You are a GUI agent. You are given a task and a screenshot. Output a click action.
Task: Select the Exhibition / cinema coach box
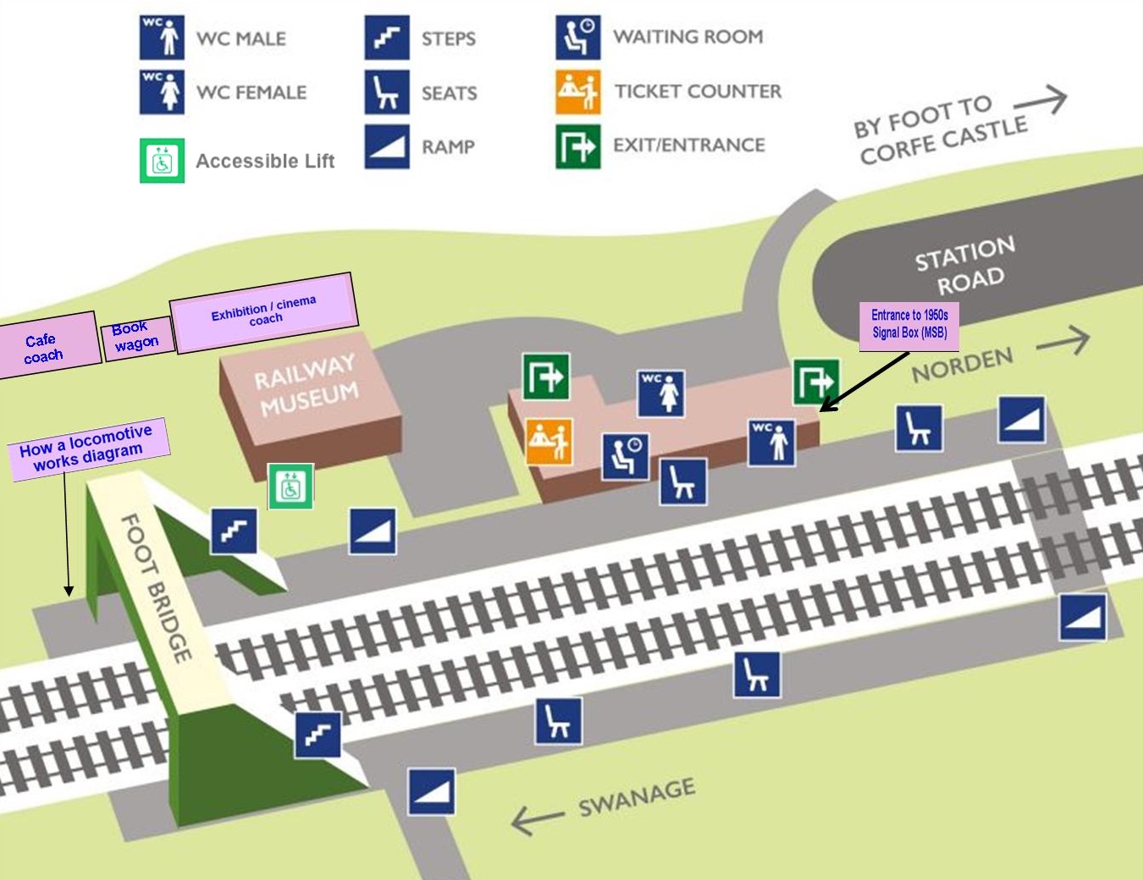(x=263, y=311)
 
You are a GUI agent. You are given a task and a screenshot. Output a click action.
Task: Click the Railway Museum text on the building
(x=306, y=384)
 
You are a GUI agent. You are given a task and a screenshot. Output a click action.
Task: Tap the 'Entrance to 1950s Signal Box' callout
(x=909, y=324)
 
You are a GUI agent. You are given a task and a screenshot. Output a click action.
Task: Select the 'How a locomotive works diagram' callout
(x=87, y=448)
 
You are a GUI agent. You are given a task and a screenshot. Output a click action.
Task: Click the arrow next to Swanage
(x=537, y=818)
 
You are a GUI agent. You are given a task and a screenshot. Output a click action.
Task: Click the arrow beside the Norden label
(x=1063, y=341)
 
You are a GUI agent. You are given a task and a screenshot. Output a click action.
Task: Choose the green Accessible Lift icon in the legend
(x=162, y=161)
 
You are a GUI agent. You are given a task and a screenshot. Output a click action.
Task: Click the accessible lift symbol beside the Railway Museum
(x=290, y=487)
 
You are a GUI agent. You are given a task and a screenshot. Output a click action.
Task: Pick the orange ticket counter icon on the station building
(x=549, y=441)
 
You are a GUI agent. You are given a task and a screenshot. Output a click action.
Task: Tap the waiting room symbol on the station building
(x=626, y=456)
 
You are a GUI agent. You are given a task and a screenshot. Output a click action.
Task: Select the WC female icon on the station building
(x=660, y=393)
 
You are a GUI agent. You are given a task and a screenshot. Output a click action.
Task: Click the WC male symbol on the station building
(x=771, y=443)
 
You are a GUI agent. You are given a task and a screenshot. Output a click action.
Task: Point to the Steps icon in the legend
(x=387, y=38)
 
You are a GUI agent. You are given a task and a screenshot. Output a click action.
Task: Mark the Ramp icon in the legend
(x=387, y=146)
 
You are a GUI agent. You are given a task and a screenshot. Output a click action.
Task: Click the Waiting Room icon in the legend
(x=578, y=37)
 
